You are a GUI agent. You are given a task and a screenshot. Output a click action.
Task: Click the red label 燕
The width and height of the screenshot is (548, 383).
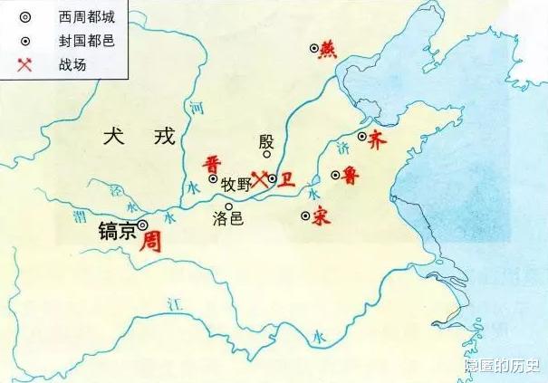coord(328,51)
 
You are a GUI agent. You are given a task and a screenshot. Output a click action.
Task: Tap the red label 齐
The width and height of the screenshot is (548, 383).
coord(379,139)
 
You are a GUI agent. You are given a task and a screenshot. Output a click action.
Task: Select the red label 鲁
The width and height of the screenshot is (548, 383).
coord(351,177)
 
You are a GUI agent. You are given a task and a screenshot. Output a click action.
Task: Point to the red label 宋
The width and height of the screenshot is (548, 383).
coord(319,217)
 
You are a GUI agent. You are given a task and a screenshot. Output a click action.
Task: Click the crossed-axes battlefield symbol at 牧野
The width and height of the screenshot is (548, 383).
coord(260,179)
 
